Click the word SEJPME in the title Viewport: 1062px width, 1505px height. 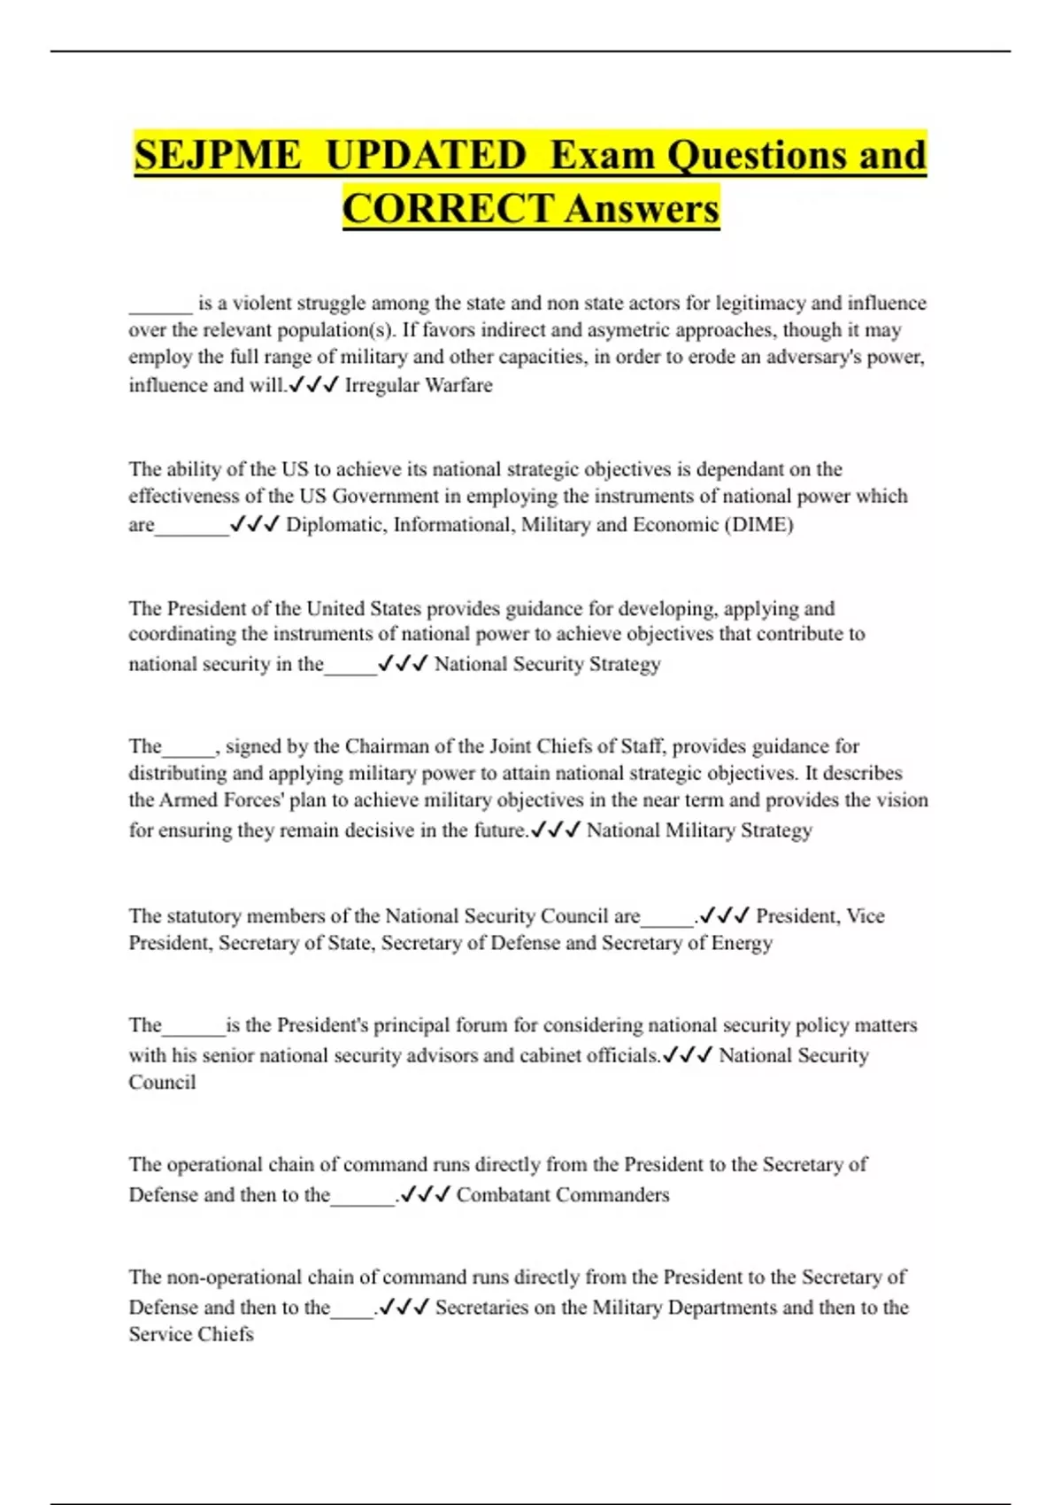(218, 155)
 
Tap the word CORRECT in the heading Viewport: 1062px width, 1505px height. (448, 209)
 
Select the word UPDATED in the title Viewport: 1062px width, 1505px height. (427, 155)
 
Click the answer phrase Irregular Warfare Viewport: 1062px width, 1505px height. (418, 385)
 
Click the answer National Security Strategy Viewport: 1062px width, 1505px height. (547, 663)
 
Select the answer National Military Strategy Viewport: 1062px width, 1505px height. (699, 830)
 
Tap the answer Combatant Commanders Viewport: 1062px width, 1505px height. (563, 1194)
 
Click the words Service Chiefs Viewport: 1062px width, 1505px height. (191, 1333)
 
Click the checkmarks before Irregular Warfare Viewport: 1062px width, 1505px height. (313, 385)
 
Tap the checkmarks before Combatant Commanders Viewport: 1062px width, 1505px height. (426, 1194)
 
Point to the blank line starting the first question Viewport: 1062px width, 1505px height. (160, 305)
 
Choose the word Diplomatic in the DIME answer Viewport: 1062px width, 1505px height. (335, 524)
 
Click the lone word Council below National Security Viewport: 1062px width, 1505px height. (162, 1082)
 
